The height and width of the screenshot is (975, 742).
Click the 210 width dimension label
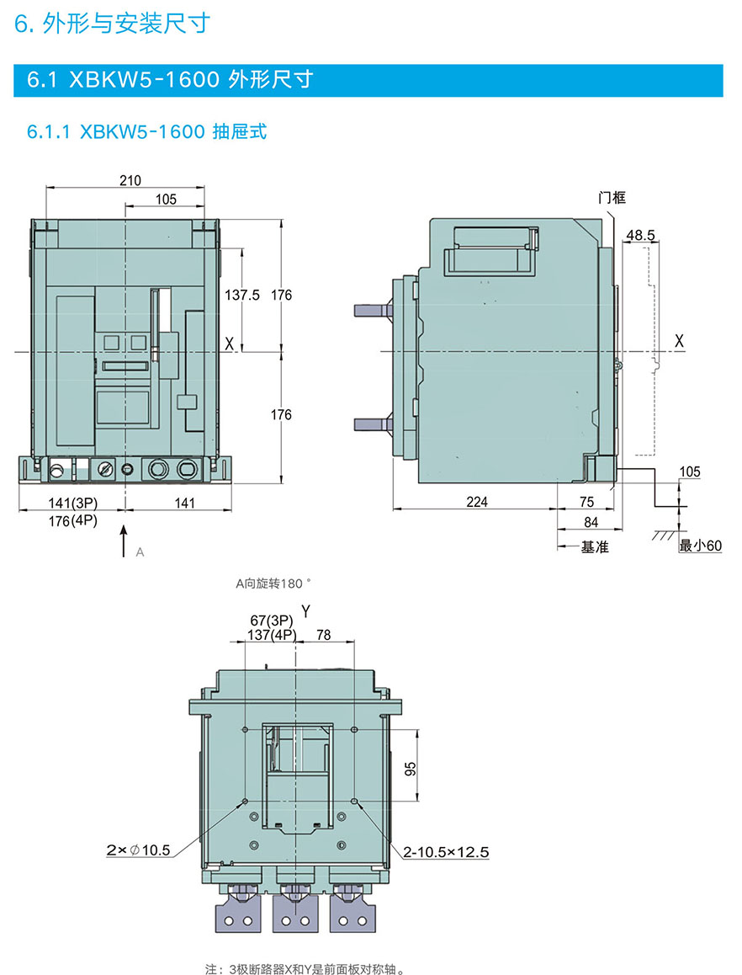click(x=130, y=179)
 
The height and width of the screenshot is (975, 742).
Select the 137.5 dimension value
click(x=243, y=295)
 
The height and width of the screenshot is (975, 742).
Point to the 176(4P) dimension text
click(x=72, y=520)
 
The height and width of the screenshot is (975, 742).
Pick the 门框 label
click(x=612, y=198)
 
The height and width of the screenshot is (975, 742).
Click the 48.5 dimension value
click(x=641, y=235)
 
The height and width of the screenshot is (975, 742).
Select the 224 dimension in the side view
click(x=476, y=502)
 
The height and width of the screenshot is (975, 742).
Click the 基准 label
click(x=595, y=547)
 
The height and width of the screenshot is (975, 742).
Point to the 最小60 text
click(x=701, y=546)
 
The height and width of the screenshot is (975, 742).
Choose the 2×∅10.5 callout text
click(x=138, y=851)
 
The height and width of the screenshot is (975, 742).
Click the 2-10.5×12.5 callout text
click(x=446, y=852)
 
